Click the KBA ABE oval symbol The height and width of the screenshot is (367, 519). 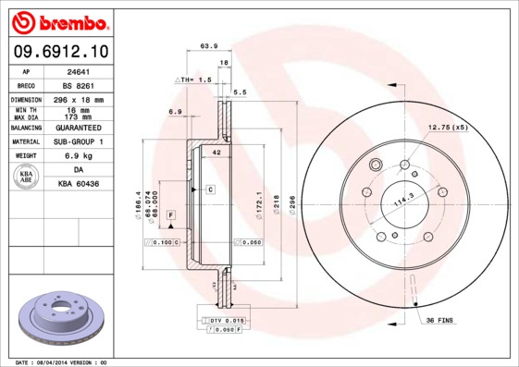(x=27, y=177)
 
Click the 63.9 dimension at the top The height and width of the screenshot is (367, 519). (x=208, y=45)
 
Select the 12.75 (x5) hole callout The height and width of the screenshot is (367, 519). (x=447, y=127)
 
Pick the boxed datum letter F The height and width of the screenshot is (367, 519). (x=171, y=214)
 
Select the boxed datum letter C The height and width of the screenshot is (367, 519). (x=210, y=189)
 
